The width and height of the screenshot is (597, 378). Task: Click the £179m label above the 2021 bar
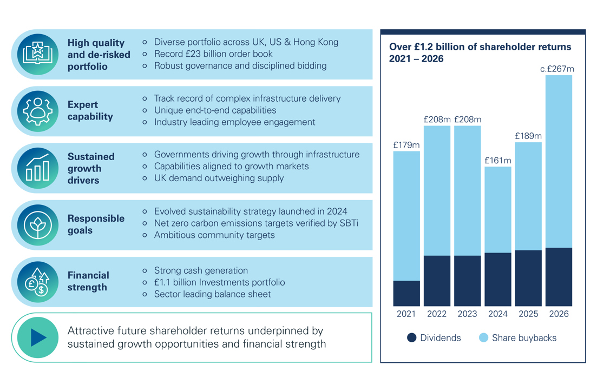pos(406,145)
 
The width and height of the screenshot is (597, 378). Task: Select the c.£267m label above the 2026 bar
pos(557,69)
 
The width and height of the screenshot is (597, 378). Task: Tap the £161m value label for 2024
pos(498,161)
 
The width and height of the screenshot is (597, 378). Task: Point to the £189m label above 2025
pos(528,136)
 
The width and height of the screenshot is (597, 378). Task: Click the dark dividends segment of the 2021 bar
pos(406,293)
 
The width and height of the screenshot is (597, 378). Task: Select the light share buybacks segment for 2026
pos(559,161)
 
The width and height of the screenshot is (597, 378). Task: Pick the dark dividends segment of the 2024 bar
pos(498,279)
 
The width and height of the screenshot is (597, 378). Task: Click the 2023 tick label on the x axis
pos(468,314)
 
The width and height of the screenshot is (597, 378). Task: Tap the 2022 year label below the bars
pos(437,314)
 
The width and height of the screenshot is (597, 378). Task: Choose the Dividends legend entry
pos(434,338)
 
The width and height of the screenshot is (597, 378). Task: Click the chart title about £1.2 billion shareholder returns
pos(480,52)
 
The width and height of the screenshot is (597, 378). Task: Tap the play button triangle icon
pos(38,337)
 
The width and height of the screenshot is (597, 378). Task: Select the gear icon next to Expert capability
pos(37,111)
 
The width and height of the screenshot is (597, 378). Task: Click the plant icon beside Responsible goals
pos(37,224)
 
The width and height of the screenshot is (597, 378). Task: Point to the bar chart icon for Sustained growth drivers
pos(37,168)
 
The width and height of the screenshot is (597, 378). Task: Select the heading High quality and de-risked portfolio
pos(99,55)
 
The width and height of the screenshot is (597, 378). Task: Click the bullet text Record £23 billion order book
pos(213,54)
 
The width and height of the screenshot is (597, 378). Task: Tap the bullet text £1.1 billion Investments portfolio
pos(219,282)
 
